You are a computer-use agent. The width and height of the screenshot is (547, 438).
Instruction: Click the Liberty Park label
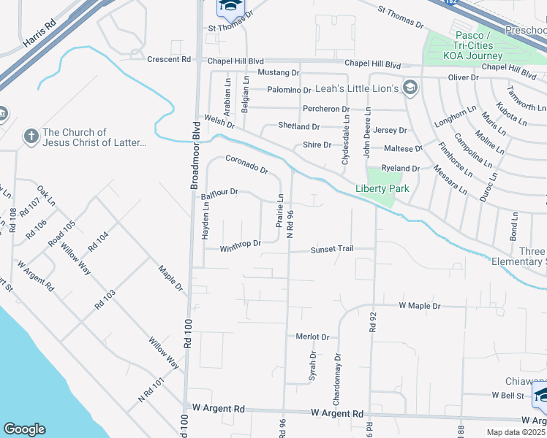[x=382, y=188]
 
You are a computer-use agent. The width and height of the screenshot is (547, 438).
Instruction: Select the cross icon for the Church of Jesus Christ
[x=30, y=136]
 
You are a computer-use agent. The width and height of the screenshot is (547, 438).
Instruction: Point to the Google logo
[x=24, y=429]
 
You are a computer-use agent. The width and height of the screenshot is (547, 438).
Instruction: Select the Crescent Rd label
[x=169, y=60]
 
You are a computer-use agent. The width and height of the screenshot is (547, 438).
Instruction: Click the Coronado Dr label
[x=247, y=164]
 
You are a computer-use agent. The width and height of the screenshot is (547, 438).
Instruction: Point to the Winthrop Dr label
[x=241, y=244]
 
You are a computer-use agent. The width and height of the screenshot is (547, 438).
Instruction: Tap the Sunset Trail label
[x=332, y=249]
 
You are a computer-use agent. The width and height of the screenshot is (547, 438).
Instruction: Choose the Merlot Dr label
[x=313, y=337]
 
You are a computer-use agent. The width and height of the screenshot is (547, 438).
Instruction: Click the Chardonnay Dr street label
[x=337, y=380]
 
